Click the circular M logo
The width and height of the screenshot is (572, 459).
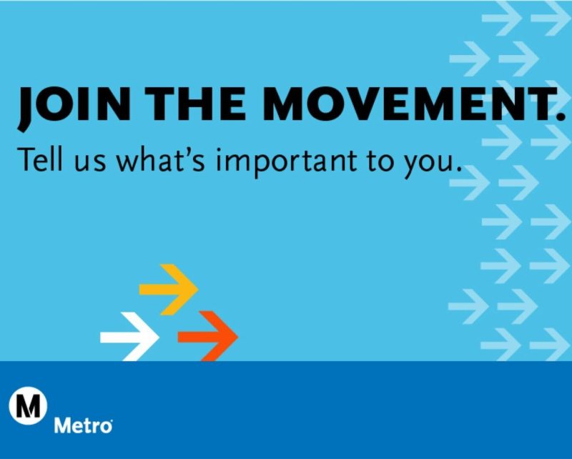(x=28, y=408)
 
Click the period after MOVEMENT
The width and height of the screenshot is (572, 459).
(x=560, y=114)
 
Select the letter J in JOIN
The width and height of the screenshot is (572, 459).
(x=27, y=107)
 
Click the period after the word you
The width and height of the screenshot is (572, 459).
(x=455, y=169)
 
